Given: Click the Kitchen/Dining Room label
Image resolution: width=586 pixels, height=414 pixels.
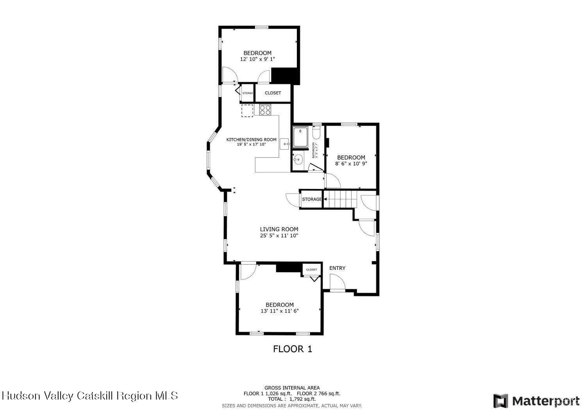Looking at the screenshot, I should [251, 139].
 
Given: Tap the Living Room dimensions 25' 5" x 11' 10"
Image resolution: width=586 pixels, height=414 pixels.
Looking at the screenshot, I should [279, 236].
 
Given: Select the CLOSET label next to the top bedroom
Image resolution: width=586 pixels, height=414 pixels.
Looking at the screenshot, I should [273, 93].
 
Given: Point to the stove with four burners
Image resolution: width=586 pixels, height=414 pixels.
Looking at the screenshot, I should [265, 110].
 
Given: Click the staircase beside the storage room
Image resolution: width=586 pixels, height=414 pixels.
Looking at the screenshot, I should [341, 199].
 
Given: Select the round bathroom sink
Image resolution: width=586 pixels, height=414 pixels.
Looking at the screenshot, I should [298, 159].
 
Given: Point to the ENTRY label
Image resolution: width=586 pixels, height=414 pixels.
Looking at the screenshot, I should [337, 268].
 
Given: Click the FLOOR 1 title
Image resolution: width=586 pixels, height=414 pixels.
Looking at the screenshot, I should [293, 349].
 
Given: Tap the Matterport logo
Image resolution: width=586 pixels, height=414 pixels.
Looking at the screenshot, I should [536, 401].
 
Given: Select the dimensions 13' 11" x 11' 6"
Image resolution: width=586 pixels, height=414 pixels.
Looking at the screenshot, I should [279, 311].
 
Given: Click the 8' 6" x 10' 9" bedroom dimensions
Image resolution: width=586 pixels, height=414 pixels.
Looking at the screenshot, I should [351, 164].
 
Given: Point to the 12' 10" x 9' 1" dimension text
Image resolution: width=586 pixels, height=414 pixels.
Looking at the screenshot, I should [257, 59].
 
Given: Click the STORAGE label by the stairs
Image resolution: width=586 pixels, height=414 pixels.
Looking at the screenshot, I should [311, 199].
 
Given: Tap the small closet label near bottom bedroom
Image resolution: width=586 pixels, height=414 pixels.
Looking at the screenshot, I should [311, 269].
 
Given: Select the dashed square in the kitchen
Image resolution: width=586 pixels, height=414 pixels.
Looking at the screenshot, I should [247, 111].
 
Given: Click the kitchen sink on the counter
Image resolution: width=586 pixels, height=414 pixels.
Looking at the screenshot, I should [285, 144].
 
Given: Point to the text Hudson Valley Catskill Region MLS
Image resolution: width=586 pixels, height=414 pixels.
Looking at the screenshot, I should [89, 396].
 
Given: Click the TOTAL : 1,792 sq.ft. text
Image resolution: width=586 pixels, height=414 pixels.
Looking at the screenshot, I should [292, 399].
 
